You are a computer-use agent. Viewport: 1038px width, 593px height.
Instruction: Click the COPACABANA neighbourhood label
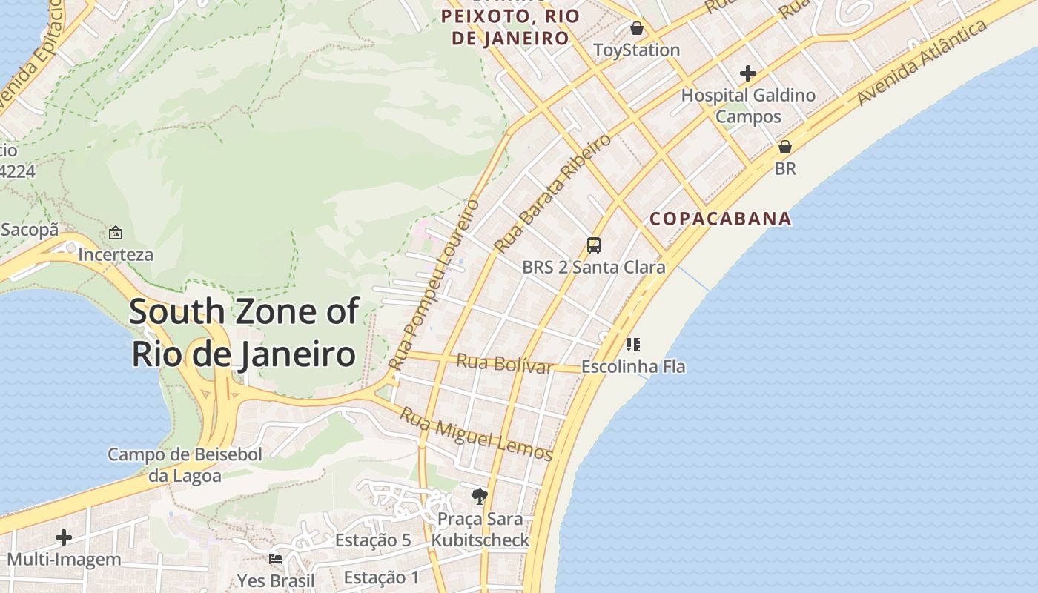click(x=721, y=219)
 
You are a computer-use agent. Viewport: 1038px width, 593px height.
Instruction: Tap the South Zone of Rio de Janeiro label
click(x=244, y=333)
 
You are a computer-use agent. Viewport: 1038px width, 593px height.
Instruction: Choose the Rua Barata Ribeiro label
click(x=553, y=193)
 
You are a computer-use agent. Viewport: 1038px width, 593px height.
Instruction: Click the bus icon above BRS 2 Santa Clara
click(x=593, y=245)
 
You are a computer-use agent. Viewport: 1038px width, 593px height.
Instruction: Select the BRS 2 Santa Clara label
click(x=593, y=267)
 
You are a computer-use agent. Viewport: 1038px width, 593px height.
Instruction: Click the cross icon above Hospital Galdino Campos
click(x=747, y=73)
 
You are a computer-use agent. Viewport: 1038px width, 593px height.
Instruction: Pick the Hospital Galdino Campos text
click(x=748, y=105)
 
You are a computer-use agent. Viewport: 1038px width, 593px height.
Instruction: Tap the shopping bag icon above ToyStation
click(x=636, y=29)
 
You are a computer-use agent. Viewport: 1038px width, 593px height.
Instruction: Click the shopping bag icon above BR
click(x=784, y=147)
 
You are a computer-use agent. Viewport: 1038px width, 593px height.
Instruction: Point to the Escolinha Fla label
click(x=632, y=366)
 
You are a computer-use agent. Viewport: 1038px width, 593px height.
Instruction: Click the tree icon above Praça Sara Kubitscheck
click(x=480, y=497)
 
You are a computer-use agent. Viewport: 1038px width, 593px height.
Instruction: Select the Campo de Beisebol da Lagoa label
click(x=185, y=465)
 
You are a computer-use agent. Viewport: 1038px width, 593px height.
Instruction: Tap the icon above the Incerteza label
click(x=116, y=233)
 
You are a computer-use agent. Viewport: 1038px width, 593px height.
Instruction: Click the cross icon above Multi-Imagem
click(x=64, y=537)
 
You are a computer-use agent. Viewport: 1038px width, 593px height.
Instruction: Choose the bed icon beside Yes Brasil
click(x=276, y=558)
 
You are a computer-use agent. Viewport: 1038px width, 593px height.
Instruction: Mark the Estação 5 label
click(x=372, y=540)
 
